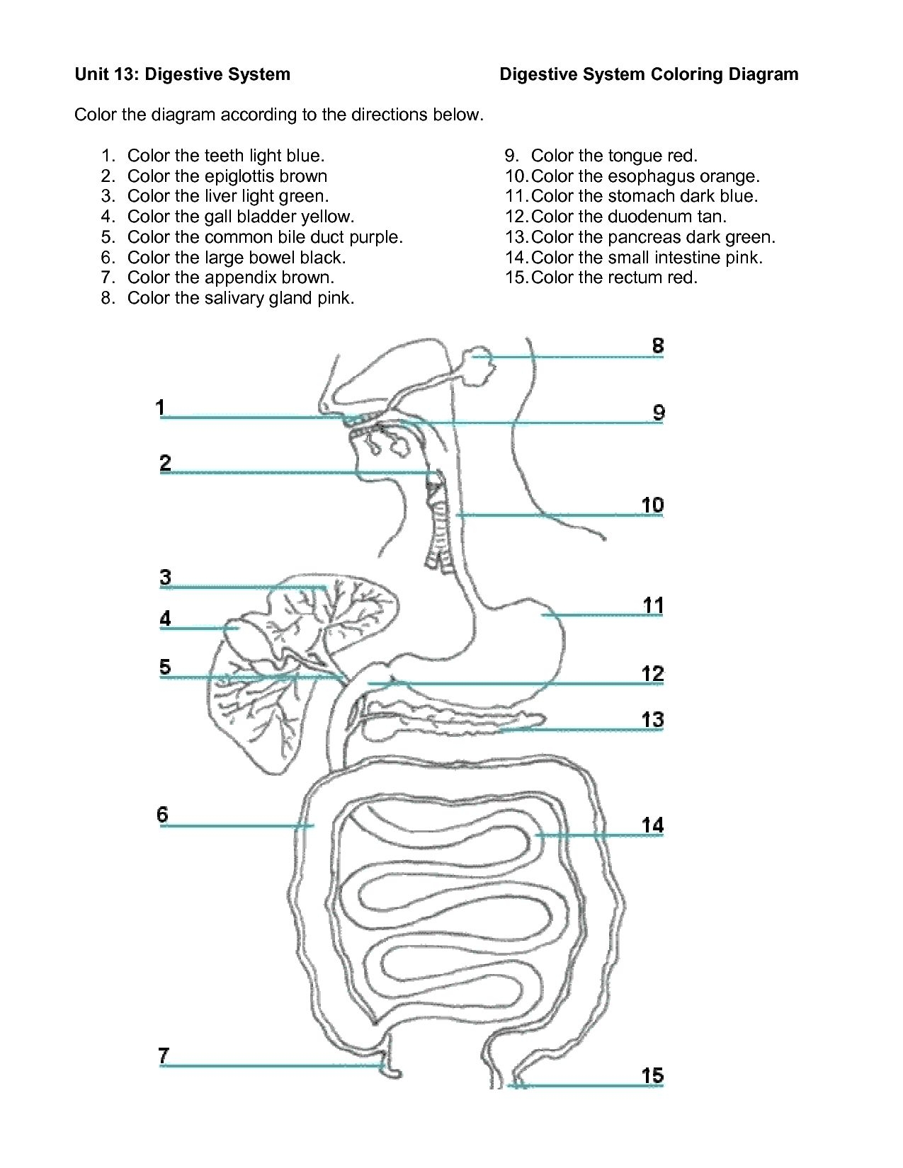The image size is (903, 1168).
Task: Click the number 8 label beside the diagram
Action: click(x=658, y=345)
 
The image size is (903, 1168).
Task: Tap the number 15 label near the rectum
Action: click(x=652, y=1076)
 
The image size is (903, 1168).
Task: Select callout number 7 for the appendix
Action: click(x=164, y=1055)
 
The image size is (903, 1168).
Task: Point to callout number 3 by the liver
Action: click(x=165, y=577)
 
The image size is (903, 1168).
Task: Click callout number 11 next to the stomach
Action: click(x=653, y=605)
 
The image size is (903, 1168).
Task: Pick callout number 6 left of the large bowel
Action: click(x=163, y=814)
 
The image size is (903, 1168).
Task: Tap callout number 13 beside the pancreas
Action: click(x=653, y=720)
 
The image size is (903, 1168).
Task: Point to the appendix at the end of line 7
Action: click(x=390, y=1070)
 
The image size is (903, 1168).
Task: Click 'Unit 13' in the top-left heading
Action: click(x=106, y=74)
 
